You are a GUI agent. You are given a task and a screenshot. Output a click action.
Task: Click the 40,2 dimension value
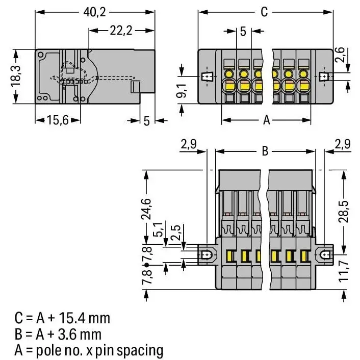click(x=95, y=12)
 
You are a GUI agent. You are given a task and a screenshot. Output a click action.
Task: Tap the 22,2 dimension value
click(x=121, y=31)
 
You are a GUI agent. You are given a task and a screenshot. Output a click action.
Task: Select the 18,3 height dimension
click(x=16, y=76)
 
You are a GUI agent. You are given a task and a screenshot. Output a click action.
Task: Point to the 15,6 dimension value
click(x=58, y=120)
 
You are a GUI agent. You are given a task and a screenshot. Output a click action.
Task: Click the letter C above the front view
click(x=264, y=12)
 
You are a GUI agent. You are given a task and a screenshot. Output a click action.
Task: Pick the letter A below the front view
click(x=266, y=120)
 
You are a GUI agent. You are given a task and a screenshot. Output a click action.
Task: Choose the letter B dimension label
click(x=265, y=151)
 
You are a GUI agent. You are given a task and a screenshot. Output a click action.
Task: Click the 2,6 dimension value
click(x=340, y=55)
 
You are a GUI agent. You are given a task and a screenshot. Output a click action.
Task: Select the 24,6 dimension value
click(x=146, y=209)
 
